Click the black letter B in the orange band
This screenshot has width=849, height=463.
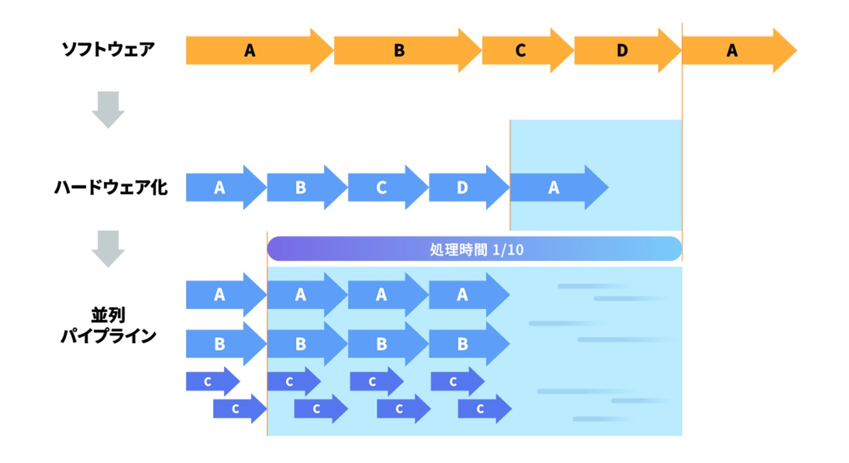[x=399, y=51]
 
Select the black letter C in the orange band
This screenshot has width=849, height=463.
[x=520, y=51]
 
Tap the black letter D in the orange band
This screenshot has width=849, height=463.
[x=622, y=51]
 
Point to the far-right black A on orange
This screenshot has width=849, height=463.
[x=732, y=51]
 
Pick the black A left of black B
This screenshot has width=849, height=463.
[x=250, y=51]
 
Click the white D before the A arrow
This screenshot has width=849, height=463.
[x=462, y=188]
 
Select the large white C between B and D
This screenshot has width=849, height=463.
[x=381, y=188]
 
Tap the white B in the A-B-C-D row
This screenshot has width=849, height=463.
[x=300, y=188]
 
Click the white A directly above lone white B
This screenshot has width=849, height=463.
[x=219, y=295]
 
